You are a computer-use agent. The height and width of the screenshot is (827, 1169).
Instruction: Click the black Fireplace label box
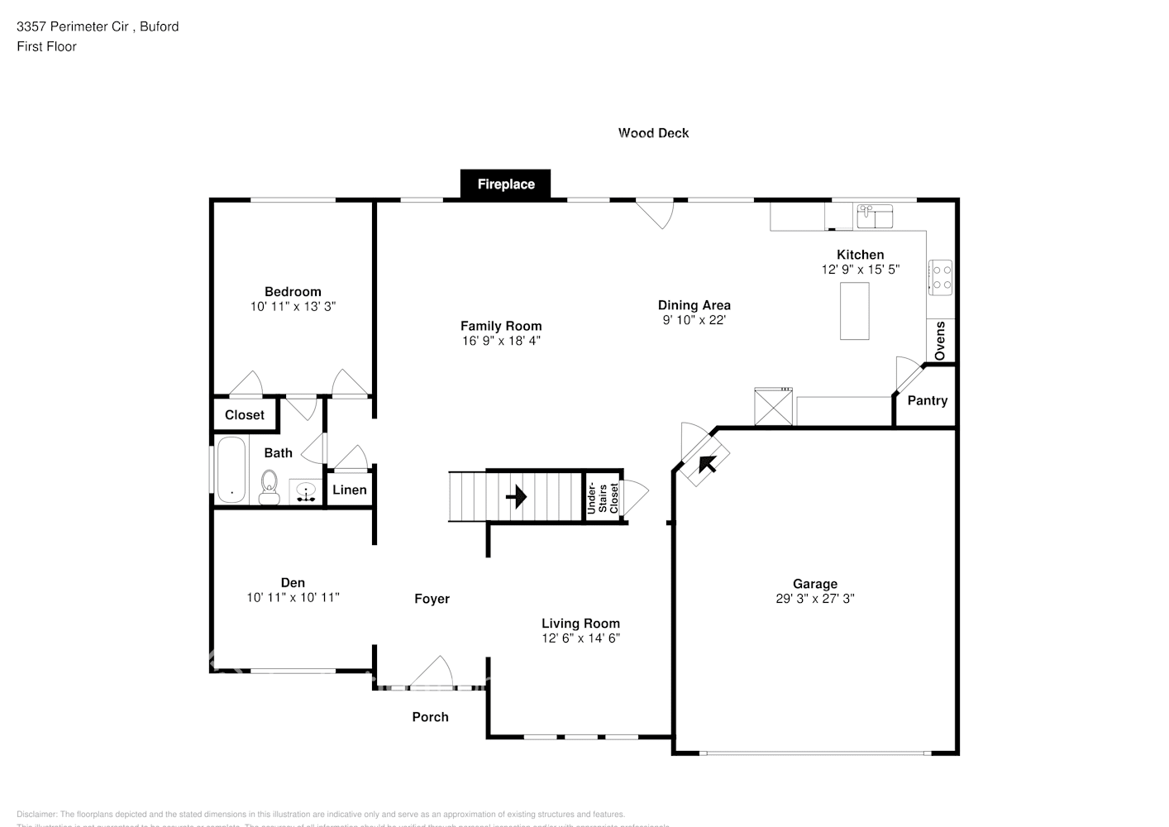(x=505, y=184)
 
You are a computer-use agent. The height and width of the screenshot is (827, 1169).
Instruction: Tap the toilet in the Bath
(x=270, y=486)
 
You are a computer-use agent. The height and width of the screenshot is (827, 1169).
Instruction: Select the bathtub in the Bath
(x=231, y=469)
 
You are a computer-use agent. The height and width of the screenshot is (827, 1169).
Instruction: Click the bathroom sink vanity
(x=306, y=491)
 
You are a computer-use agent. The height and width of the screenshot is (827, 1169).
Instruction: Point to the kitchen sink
(x=874, y=216)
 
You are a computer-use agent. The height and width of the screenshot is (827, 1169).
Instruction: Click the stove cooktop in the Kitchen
(x=940, y=277)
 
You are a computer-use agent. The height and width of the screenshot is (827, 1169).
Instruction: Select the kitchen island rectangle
(x=854, y=310)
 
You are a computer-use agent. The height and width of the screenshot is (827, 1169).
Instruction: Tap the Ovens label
(x=940, y=341)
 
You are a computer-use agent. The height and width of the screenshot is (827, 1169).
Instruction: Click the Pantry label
(x=927, y=400)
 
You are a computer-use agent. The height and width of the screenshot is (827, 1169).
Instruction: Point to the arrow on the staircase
(x=516, y=497)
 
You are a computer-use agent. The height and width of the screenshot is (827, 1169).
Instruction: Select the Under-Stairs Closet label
(x=603, y=498)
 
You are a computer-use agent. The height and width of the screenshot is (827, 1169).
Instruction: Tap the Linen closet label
(x=349, y=490)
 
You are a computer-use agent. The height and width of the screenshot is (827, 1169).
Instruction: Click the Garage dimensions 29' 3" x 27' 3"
(x=814, y=599)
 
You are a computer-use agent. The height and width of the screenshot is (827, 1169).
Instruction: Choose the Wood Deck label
(x=653, y=132)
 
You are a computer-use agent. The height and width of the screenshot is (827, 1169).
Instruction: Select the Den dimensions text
(x=293, y=597)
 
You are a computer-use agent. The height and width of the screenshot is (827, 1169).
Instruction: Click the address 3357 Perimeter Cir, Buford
(x=98, y=26)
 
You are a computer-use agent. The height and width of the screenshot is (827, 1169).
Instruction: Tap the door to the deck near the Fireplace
(x=658, y=213)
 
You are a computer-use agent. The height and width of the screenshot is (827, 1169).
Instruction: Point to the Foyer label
(x=432, y=599)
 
